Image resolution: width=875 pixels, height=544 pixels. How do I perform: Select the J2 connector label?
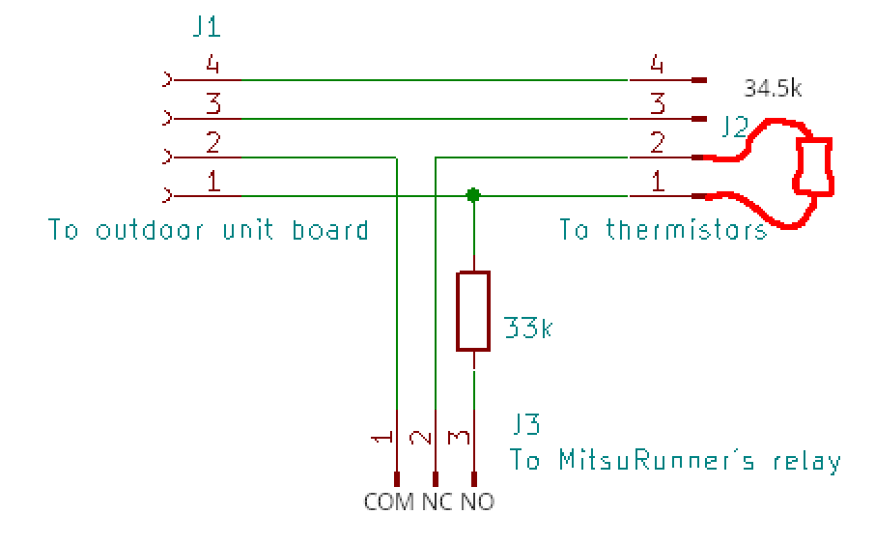coord(734,126)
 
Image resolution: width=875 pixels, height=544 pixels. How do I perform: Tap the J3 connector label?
coord(526,425)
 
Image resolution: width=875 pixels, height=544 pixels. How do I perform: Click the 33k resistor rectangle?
coord(473,310)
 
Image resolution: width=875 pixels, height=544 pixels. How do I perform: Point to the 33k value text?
coord(528,329)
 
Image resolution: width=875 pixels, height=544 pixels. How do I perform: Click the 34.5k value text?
coord(773,90)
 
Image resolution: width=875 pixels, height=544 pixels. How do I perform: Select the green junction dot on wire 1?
coord(473,195)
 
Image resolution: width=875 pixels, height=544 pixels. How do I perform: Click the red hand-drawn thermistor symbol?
coord(812,166)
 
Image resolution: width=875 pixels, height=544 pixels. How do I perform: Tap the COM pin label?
coord(389,502)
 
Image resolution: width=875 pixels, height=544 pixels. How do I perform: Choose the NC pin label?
coord(437,502)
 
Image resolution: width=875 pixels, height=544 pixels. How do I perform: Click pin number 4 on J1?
coord(212,66)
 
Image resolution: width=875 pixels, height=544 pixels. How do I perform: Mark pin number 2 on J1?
coord(212,143)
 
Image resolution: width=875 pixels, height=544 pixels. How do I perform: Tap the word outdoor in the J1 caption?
coord(155,231)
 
